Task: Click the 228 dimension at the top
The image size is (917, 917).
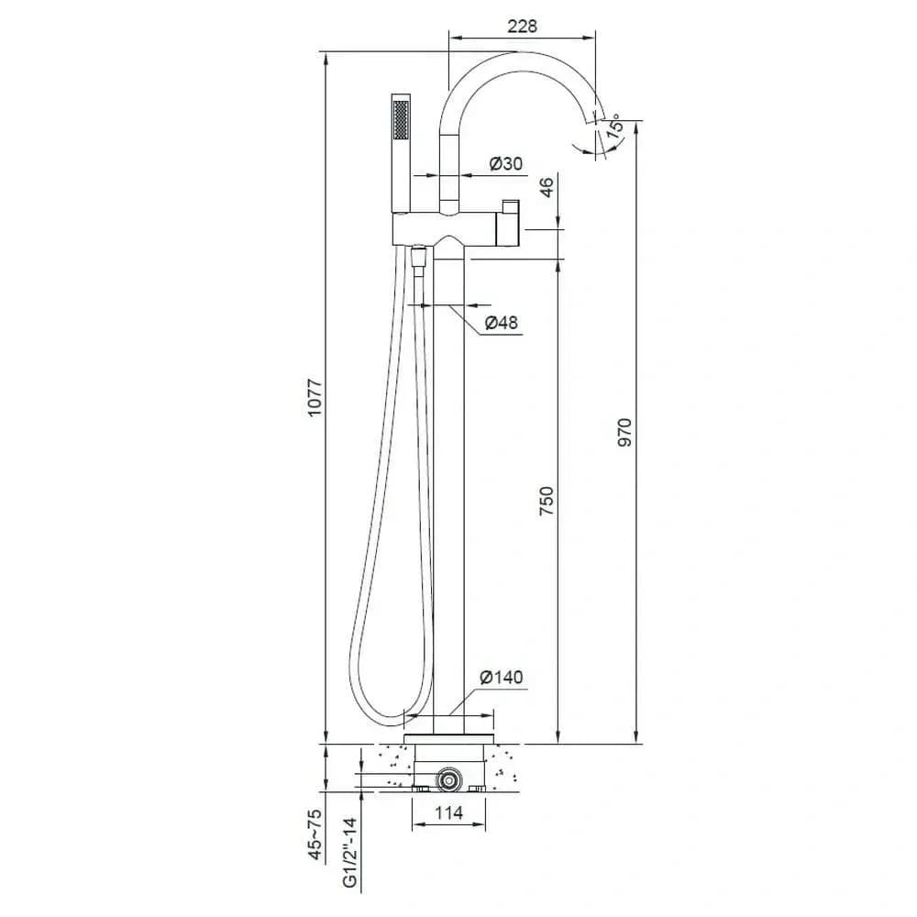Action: pos(522,27)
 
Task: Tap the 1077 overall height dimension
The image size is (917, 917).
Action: pos(315,398)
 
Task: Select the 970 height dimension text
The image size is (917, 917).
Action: pos(624,432)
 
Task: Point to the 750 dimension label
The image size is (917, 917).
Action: pos(546,501)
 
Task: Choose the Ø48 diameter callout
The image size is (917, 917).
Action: pos(502,322)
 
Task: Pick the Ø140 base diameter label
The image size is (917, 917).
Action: pos(502,678)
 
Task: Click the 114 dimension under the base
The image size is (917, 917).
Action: pos(449,812)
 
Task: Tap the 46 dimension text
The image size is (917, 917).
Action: pos(546,188)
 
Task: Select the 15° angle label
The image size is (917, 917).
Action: pos(613,127)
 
